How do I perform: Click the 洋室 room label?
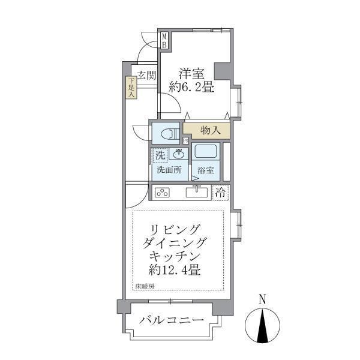[191, 74]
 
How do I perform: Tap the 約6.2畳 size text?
[191, 88]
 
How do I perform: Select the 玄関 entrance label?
[146, 76]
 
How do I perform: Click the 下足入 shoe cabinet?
[131, 88]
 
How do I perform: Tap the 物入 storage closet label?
[210, 130]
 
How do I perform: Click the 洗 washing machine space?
[160, 155]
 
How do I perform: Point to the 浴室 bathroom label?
[205, 170]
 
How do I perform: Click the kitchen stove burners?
[163, 193]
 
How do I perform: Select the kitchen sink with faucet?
[197, 192]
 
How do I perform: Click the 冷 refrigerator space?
[221, 193]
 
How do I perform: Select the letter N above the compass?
[262, 299]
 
